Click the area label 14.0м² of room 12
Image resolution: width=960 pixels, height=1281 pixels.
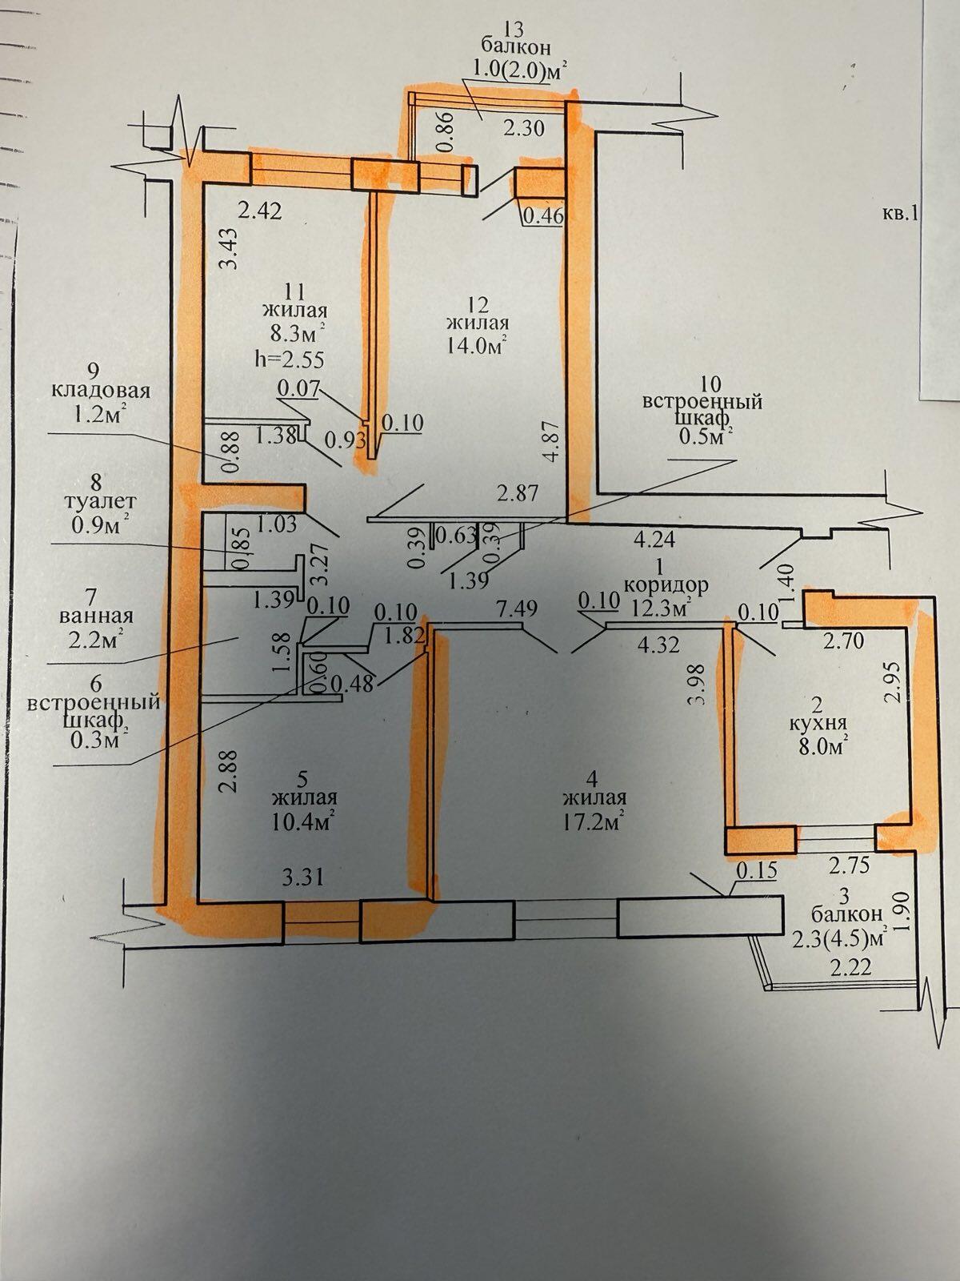point(476,346)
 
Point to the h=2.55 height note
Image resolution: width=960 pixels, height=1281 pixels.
point(290,359)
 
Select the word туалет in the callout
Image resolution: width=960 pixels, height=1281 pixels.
point(102,500)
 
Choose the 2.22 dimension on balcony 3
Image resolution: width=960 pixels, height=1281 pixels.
point(851,968)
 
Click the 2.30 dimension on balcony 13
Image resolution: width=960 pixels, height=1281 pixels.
point(523,128)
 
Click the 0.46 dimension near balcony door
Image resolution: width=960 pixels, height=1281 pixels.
point(544,216)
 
